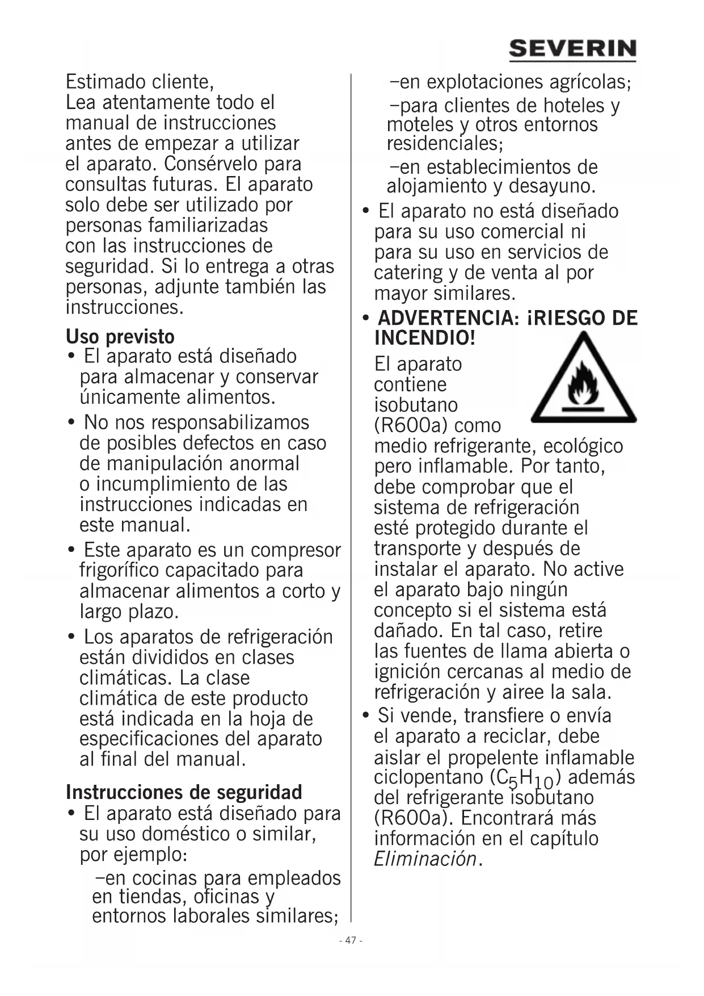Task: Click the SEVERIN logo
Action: (572, 49)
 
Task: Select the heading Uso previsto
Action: (120, 337)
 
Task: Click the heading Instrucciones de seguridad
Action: (184, 792)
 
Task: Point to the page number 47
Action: (351, 940)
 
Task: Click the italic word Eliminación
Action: (425, 859)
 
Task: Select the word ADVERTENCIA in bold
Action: (448, 318)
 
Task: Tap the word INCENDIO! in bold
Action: (424, 338)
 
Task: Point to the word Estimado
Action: (100, 82)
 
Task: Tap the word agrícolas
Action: (588, 82)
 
